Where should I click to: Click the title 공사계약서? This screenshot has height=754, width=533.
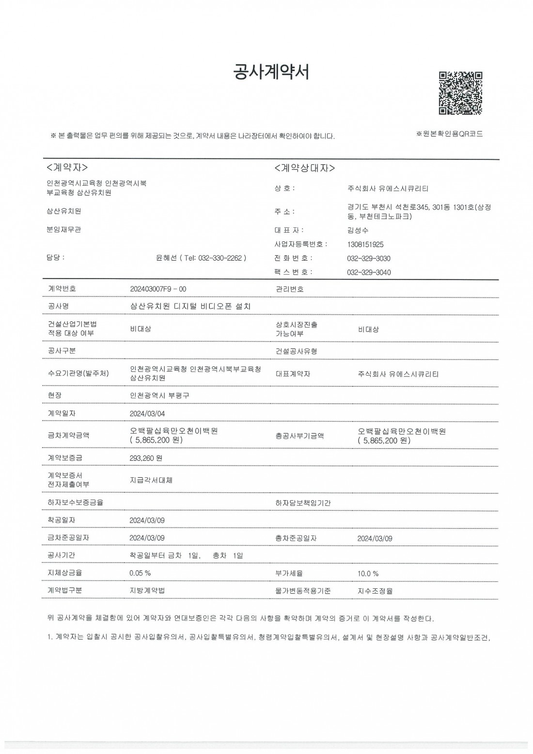tap(271, 72)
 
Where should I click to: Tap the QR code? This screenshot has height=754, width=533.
tap(460, 93)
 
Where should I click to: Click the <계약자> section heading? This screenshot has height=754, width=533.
tap(67, 168)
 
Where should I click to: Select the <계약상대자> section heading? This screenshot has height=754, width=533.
tap(304, 168)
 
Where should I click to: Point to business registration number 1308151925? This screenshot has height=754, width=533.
tap(365, 245)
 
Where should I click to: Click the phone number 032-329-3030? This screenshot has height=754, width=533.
tap(369, 258)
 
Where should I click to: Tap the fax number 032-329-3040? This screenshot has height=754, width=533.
tap(369, 272)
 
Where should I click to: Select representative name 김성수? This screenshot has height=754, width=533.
tap(358, 231)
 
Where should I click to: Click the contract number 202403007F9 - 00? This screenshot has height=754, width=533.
tap(158, 289)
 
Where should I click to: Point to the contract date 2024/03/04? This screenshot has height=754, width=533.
tap(147, 414)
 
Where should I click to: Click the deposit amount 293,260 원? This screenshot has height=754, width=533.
tap(146, 458)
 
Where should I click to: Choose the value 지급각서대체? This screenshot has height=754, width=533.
tap(151, 480)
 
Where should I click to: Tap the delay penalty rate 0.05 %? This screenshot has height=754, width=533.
tap(140, 573)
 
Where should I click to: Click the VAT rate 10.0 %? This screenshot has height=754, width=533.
tap(368, 574)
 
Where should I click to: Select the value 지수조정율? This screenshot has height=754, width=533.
tap(375, 591)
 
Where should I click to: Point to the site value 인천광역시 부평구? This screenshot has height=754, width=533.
tap(160, 395)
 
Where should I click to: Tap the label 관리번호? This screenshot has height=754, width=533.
tap(289, 289)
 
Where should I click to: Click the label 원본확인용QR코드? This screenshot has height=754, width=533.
tap(449, 134)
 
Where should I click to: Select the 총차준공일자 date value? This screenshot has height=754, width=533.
tap(375, 538)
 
